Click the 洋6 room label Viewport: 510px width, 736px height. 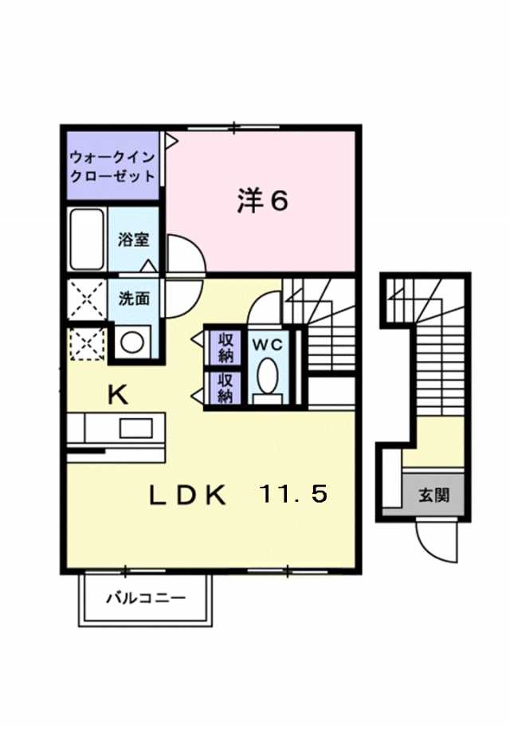(262, 202)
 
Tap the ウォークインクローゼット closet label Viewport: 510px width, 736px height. (112, 166)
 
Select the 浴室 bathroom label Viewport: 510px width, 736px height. (133, 240)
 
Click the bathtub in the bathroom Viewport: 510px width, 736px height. (87, 239)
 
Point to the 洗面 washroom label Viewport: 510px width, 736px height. (134, 299)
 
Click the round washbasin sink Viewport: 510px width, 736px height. (132, 343)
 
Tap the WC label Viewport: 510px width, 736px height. (268, 345)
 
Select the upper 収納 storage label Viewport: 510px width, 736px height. (226, 347)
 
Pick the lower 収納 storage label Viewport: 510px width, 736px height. (226, 389)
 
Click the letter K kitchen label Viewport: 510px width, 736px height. (118, 395)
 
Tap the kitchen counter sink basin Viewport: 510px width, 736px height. (135, 429)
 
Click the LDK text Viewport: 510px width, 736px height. (187, 495)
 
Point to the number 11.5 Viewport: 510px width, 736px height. (293, 495)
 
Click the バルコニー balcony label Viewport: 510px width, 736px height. (146, 598)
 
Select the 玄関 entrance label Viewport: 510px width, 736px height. (434, 495)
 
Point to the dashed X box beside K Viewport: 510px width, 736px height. (88, 344)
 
